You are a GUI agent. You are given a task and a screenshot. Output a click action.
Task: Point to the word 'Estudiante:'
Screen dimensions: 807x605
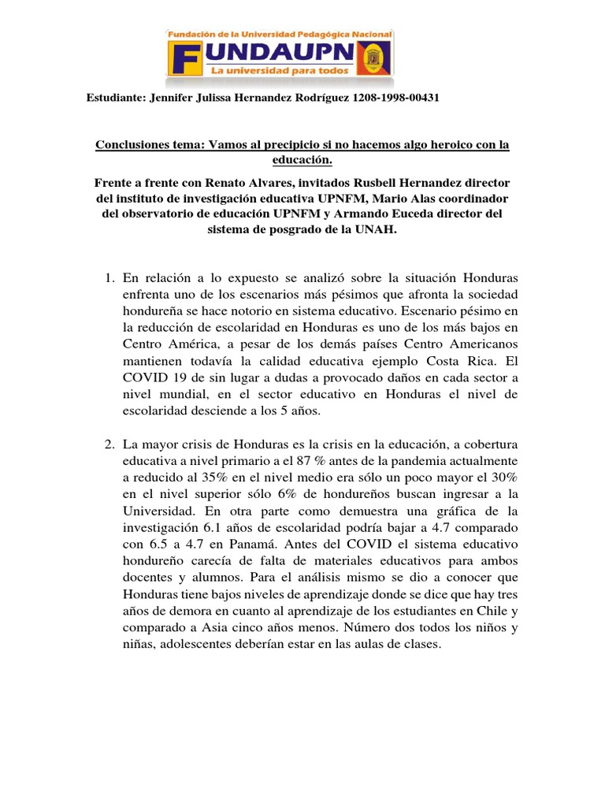(x=113, y=98)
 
